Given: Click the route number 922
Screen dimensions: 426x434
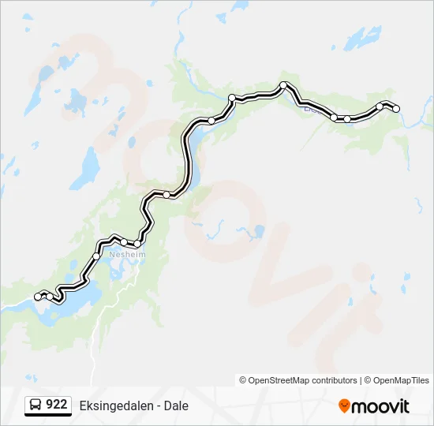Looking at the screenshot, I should pyautogui.click(x=56, y=405).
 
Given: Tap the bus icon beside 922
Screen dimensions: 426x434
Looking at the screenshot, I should pyautogui.click(x=36, y=405).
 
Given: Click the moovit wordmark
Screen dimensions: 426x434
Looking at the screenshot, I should pyautogui.click(x=380, y=406).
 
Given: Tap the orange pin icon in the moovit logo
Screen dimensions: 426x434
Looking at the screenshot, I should pyautogui.click(x=344, y=406).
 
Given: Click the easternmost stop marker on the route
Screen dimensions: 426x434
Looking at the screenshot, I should pyautogui.click(x=396, y=108).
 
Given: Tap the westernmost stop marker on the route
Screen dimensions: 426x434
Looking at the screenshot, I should pyautogui.click(x=38, y=296).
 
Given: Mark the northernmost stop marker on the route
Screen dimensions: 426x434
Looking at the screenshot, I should pyautogui.click(x=283, y=85).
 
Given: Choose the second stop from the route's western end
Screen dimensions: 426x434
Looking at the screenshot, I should pyautogui.click(x=50, y=296).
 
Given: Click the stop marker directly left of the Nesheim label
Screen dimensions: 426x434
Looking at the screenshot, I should pyautogui.click(x=97, y=256).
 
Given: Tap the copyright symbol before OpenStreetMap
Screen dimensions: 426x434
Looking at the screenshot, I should pyautogui.click(x=243, y=380).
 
